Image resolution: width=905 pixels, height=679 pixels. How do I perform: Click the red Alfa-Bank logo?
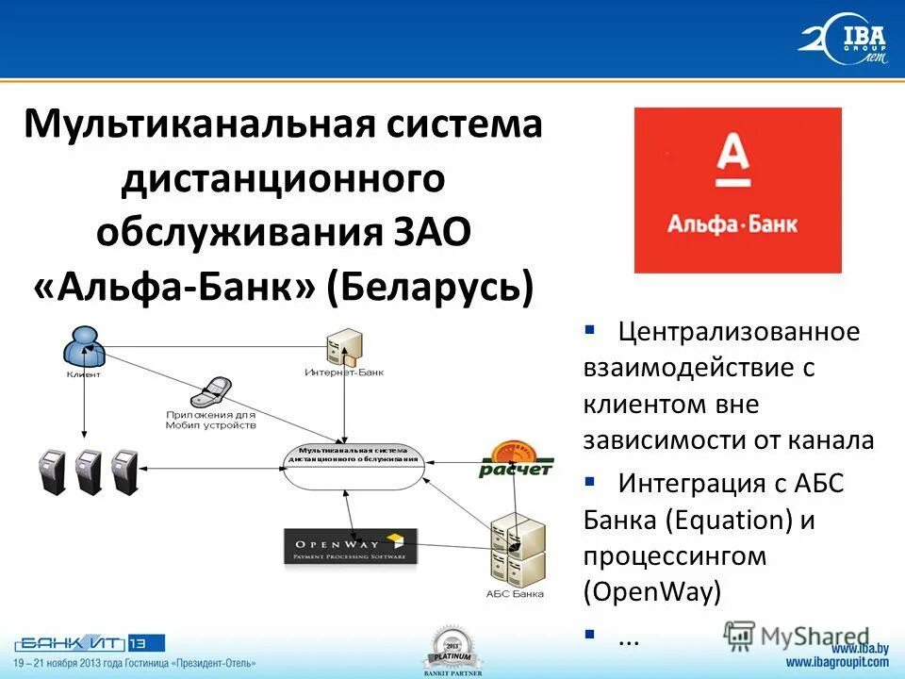coord(737,190)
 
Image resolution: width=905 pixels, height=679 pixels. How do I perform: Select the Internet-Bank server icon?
coord(340,349)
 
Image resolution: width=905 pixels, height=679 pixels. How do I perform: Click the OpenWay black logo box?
coord(351,547)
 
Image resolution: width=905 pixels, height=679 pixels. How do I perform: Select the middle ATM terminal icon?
coord(88,472)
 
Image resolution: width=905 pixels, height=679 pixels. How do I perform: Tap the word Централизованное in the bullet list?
coord(739,333)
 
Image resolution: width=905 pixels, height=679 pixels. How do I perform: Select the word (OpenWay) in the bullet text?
coord(651,591)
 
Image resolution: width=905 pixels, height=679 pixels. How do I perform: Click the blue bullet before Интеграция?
coord(589,482)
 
